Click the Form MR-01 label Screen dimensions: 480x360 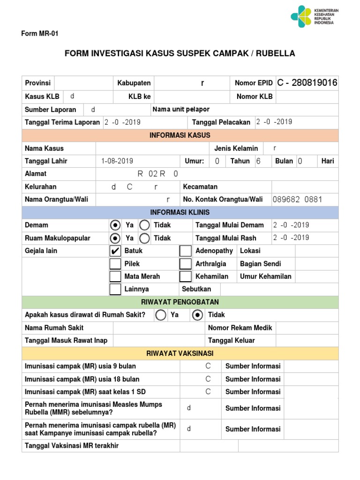point(40,34)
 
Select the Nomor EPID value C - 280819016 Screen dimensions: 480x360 point(307,83)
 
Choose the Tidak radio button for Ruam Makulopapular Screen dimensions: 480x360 point(145,238)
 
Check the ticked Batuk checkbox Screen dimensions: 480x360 point(115,251)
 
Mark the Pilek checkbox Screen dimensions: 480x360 point(115,264)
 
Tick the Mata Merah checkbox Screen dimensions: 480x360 point(115,277)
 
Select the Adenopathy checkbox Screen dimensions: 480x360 point(186,251)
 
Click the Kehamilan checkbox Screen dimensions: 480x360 point(186,277)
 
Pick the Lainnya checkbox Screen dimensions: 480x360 point(115,289)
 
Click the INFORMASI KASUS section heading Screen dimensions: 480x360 point(180,135)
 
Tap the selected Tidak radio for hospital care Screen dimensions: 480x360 point(197,315)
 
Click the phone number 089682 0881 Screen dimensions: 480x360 point(297,200)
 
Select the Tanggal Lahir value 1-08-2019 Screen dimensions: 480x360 point(117,161)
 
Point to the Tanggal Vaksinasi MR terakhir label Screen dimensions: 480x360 point(72,446)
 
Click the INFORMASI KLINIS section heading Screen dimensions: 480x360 point(180,212)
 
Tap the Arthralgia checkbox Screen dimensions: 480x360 point(186,264)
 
